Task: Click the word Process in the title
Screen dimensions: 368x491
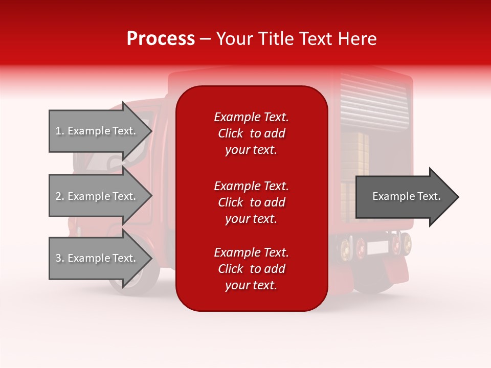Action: coord(161,39)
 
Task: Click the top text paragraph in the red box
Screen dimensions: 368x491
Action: coord(251,133)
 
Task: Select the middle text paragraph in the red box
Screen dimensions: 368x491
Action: coord(251,202)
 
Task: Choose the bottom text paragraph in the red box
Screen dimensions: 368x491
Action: coord(251,269)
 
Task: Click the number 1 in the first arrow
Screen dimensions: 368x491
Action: coord(58,131)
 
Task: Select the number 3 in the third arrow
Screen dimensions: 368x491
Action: coord(58,259)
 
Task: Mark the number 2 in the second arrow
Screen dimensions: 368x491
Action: coord(58,197)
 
